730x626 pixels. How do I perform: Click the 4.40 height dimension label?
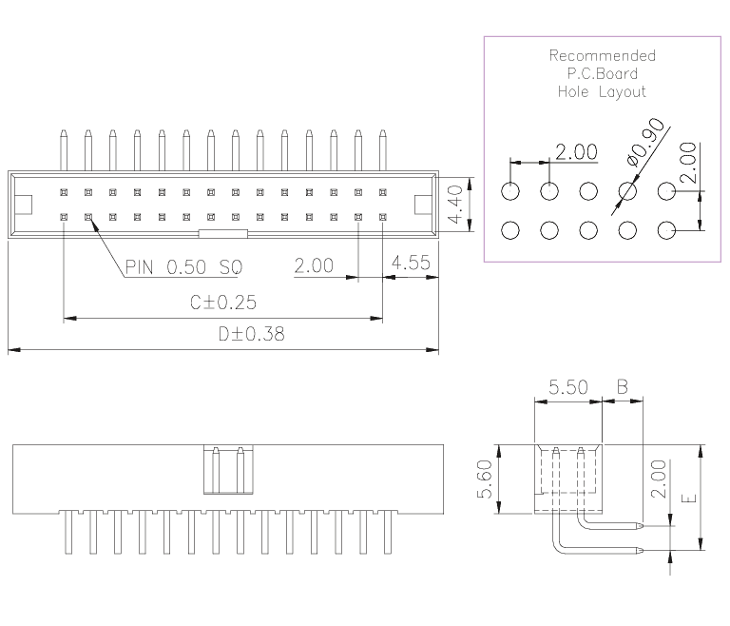[x=455, y=205]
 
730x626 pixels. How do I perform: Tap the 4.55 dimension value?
[x=411, y=263]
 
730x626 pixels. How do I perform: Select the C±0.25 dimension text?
[x=223, y=303]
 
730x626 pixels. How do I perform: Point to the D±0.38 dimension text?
[x=251, y=334]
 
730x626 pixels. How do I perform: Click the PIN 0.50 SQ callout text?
[x=183, y=267]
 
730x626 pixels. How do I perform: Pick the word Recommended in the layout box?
[x=603, y=55]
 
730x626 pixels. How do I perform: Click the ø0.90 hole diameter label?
[x=645, y=142]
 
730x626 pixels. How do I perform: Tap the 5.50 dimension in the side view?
[x=568, y=387]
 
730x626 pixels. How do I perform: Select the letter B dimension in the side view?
[x=623, y=387]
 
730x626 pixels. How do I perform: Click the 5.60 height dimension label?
[x=485, y=479]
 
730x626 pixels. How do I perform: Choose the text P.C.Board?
[x=603, y=73]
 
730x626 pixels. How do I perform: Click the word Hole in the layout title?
[x=573, y=91]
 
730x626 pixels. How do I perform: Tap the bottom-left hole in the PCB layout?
[x=510, y=230]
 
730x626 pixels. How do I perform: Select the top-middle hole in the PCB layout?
[x=588, y=191]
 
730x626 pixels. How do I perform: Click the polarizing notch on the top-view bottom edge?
[x=223, y=233]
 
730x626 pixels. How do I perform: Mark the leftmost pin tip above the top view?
[x=64, y=131]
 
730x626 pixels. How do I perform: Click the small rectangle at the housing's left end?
[x=23, y=205]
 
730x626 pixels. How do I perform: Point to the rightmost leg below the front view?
[x=388, y=533]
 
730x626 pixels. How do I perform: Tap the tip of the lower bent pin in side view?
[x=643, y=551]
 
